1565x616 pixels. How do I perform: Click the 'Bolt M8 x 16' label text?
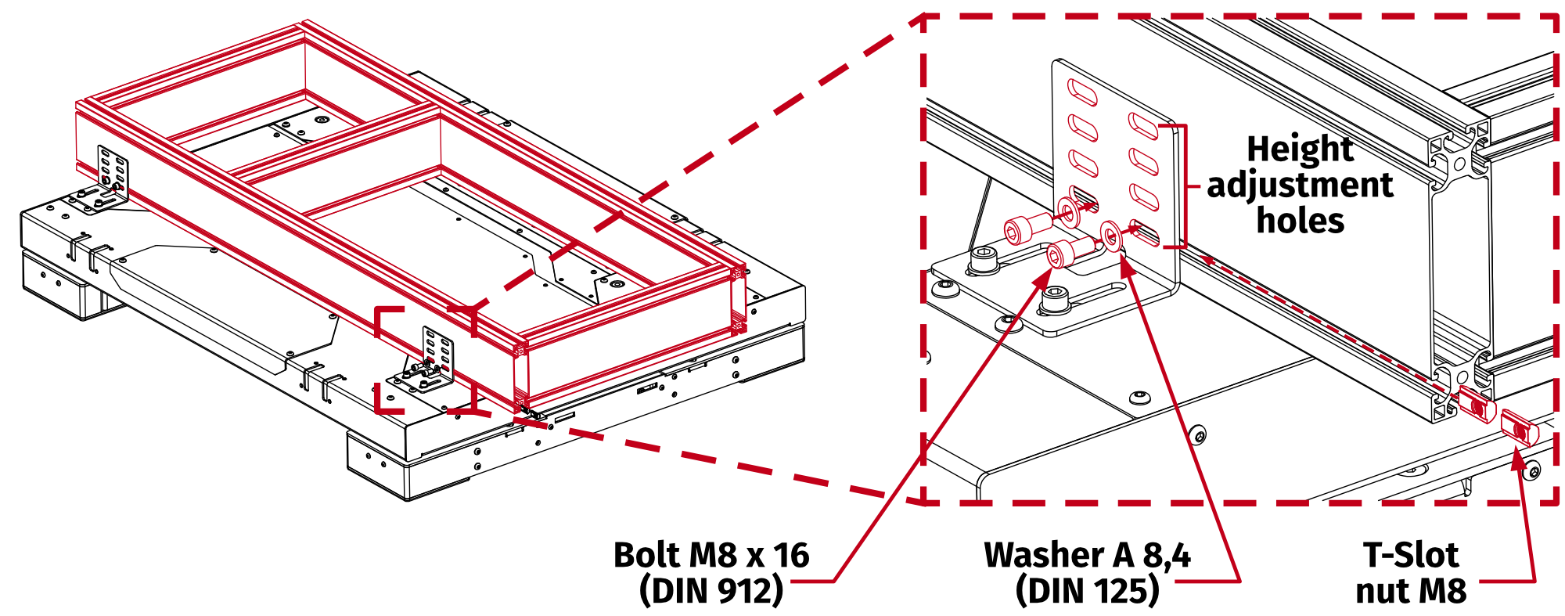pyautogui.click(x=711, y=555)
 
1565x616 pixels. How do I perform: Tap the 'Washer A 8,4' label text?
pyautogui.click(x=1087, y=555)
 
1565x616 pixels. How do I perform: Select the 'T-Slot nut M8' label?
pyautogui.click(x=1410, y=572)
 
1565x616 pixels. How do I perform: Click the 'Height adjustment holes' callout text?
pyautogui.click(x=1300, y=185)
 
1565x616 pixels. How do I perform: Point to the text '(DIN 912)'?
pyautogui.click(x=711, y=590)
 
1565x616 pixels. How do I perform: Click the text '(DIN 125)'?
pyautogui.click(x=1087, y=590)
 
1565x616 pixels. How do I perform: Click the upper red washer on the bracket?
pyautogui.click(x=1068, y=210)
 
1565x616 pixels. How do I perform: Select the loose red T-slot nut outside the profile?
pyautogui.click(x=1520, y=429)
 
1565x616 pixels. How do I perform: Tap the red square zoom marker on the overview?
pyautogui.click(x=425, y=360)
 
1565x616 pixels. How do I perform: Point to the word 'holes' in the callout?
pyautogui.click(x=1300, y=221)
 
